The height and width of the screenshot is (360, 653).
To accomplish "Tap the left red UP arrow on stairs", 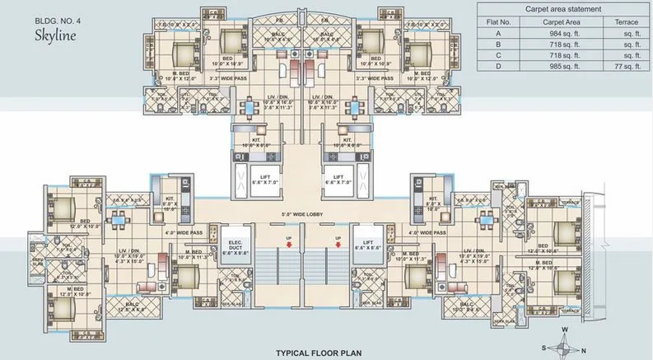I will click(287, 241).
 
